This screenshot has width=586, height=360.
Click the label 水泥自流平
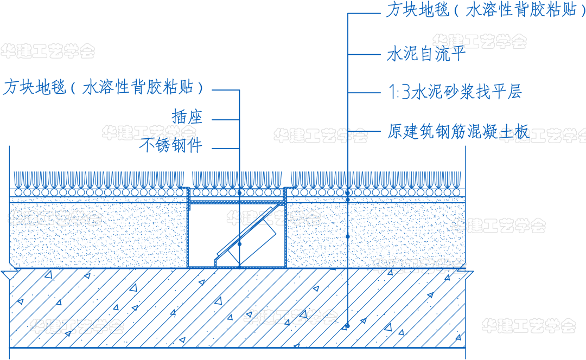coord(426,54)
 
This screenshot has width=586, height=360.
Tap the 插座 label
coord(187,117)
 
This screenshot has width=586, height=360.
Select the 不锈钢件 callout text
coord(171,145)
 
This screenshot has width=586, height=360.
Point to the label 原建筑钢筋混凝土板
coord(458,131)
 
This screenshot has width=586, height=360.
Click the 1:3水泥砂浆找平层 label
coord(455,92)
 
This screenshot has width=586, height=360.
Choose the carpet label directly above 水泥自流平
coord(486,9)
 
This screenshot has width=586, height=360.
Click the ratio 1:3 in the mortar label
coord(399,92)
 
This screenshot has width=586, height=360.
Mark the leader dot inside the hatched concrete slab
coord(348,326)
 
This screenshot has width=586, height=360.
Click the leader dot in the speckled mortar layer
coord(348,236)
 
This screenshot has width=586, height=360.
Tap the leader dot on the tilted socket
coord(240,244)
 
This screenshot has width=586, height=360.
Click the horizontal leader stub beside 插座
coord(226,120)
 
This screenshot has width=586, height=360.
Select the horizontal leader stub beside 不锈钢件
coord(226,148)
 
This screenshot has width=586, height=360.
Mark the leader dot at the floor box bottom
coord(240,266)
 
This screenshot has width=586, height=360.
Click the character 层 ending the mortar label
coord(514,92)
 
